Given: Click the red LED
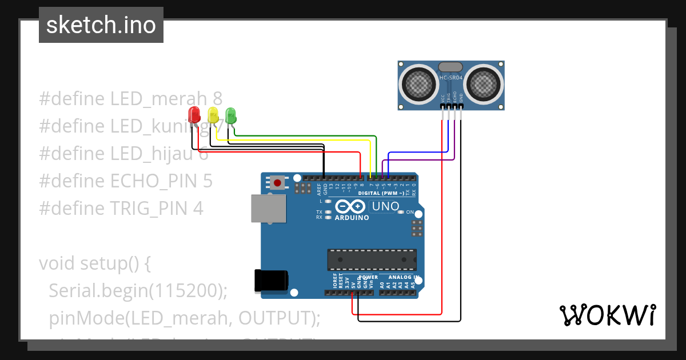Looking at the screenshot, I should [x=194, y=114].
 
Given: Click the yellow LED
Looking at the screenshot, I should [x=213, y=114].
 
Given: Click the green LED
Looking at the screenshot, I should [x=230, y=115].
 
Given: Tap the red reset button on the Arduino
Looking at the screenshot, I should [x=278, y=183].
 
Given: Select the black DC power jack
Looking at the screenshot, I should [x=272, y=281].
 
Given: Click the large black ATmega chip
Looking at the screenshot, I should [x=372, y=260].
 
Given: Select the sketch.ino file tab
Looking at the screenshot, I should [x=101, y=25].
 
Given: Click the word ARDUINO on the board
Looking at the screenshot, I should [x=352, y=218].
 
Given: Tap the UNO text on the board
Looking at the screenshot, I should [x=385, y=206].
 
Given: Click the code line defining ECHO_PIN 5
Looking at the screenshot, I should [x=126, y=181].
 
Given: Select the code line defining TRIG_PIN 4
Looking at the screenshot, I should [x=121, y=209].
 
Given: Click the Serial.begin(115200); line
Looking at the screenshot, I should [x=138, y=291].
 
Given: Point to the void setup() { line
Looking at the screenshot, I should [x=95, y=263].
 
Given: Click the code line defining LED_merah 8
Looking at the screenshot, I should [x=130, y=99].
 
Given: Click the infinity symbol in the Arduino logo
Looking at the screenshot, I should [x=350, y=206].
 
